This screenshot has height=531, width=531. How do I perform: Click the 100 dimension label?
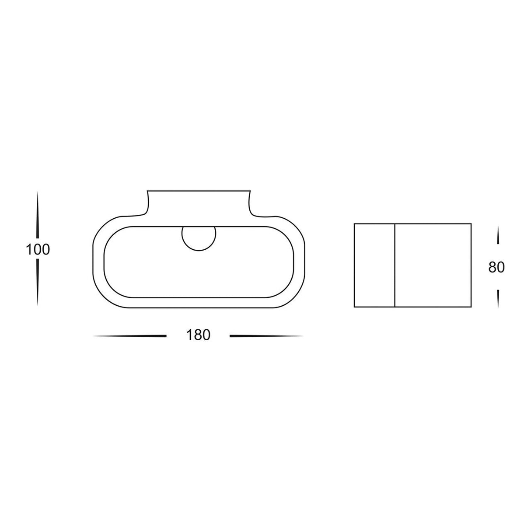tap(38, 250)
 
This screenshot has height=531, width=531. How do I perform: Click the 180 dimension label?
tap(198, 335)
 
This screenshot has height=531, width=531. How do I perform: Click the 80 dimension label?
tap(496, 267)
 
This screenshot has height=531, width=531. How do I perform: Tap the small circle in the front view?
tap(199, 238)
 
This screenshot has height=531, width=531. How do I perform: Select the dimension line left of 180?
tap(130, 336)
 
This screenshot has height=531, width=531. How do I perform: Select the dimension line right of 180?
tap(266, 336)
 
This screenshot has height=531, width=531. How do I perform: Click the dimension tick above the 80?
tap(498, 235)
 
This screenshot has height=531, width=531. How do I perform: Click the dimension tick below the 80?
tap(498, 298)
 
